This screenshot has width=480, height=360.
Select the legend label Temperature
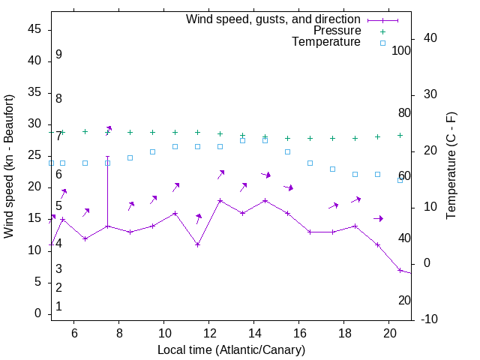[326, 43]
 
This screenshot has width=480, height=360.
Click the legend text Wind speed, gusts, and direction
[273, 19]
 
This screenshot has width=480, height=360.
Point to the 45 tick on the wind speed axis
[34, 29]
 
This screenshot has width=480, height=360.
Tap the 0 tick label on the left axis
[38, 313]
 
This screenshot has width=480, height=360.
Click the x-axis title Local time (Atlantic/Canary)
[231, 349]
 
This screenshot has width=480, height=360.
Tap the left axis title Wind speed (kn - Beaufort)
[10, 166]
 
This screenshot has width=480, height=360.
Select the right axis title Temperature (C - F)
[451, 166]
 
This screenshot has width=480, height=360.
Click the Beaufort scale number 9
[58, 55]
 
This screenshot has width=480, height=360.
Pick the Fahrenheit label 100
[401, 51]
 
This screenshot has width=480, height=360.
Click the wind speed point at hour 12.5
[220, 200]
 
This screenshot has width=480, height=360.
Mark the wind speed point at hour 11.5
[197, 244]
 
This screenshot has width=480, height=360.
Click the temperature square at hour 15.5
[287, 151]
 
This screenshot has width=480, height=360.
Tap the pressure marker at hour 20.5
[400, 135]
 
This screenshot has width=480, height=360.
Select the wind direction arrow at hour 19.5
[379, 218]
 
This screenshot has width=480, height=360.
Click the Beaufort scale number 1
[58, 306]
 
